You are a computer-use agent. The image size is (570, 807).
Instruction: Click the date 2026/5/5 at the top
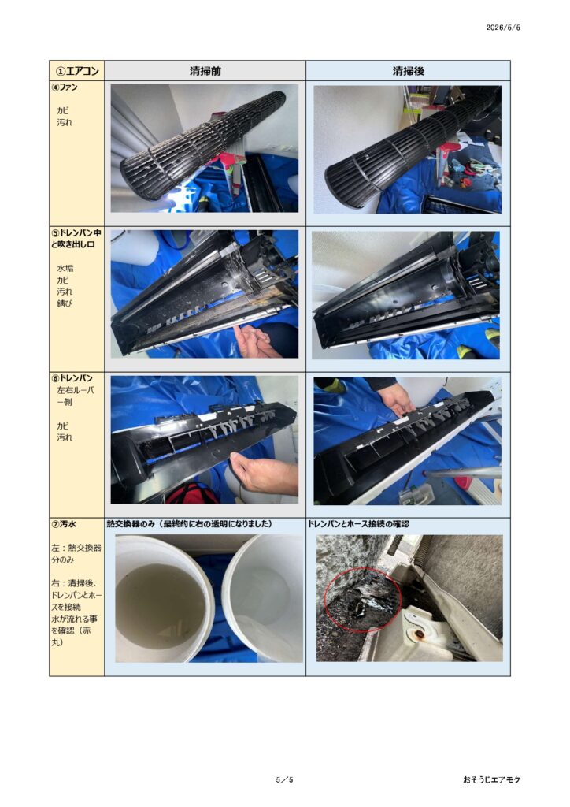[x=503, y=28]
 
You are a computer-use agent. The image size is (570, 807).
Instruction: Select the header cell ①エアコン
[x=77, y=70]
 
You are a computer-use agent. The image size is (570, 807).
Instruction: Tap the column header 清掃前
[x=205, y=71]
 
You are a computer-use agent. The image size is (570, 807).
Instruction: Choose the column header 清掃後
[x=408, y=71]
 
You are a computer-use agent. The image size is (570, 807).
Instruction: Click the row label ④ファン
[x=65, y=87]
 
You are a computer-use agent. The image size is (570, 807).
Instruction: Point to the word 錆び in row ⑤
[x=65, y=303]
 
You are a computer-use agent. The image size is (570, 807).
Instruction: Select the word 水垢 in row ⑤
[x=65, y=268]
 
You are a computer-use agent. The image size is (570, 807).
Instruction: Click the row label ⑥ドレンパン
[x=72, y=378]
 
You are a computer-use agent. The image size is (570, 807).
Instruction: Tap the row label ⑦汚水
[x=64, y=524]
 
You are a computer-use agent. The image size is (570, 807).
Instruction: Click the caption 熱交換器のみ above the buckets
[x=131, y=524]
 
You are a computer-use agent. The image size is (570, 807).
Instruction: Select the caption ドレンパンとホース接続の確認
[x=359, y=524]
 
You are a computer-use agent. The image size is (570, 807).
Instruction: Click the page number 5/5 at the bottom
[x=284, y=779]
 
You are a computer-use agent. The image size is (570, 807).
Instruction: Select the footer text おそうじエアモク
[x=491, y=779]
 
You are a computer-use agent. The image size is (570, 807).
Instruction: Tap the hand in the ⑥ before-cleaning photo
[x=262, y=474]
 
